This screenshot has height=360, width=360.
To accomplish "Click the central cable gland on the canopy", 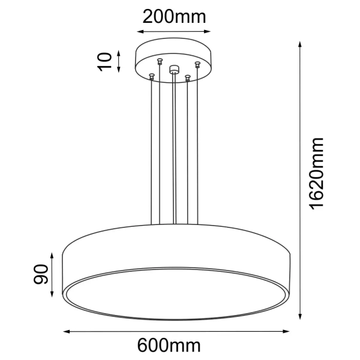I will point(174,69).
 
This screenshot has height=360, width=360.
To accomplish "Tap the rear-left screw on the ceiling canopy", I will point(160,61).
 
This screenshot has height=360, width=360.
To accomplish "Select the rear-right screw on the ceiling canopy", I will point(197,63).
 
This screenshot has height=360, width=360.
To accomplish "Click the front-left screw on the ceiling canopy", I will point(152,75).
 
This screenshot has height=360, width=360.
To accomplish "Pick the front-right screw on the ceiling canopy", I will point(188,77).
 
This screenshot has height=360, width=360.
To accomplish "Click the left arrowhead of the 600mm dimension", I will point(67,331).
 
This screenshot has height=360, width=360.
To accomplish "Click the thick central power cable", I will point(174,150).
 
